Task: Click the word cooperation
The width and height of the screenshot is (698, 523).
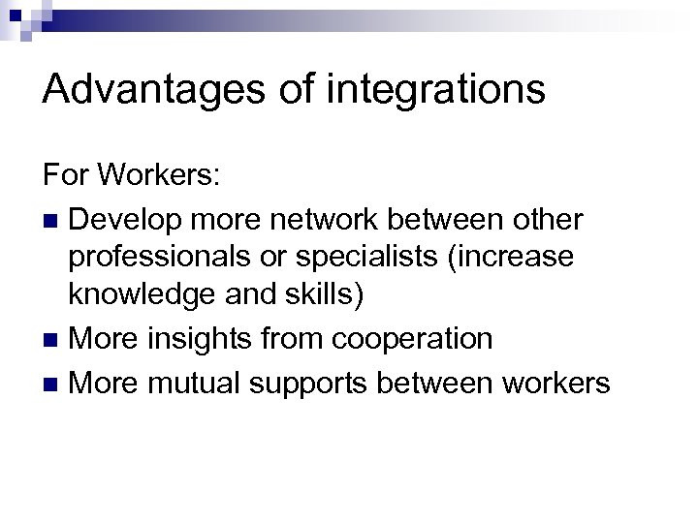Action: pos(412,340)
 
